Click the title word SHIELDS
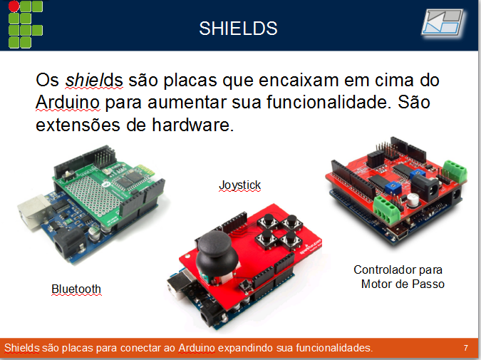click(238, 29)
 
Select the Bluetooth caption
click(76, 289)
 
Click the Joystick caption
click(239, 185)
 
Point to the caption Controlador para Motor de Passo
click(398, 277)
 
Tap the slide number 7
click(465, 348)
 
